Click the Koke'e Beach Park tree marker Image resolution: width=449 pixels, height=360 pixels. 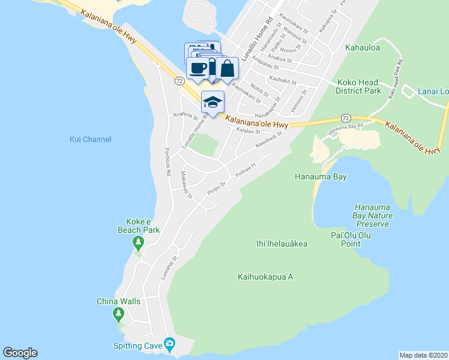139,243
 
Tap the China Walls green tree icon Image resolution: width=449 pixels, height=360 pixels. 118,313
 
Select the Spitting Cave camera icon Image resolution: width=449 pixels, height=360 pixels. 170,344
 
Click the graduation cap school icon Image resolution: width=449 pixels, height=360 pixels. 212,103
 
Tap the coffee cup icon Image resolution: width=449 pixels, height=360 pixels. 198,68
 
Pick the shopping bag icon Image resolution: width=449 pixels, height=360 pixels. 228,68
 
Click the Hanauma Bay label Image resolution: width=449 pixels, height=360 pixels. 321,177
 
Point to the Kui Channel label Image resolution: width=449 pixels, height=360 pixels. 90,139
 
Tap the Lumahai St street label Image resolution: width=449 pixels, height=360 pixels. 176,266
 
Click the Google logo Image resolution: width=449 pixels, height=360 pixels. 20,353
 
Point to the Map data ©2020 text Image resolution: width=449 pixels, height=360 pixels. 423,355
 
